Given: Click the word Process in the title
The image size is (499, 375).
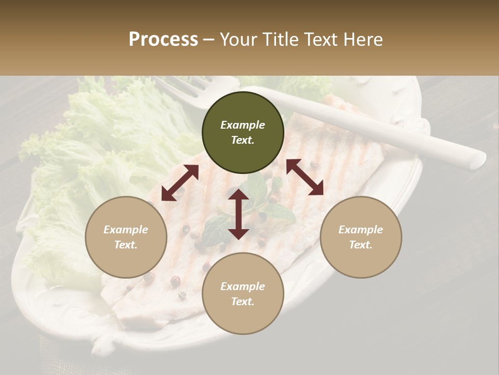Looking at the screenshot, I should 163,40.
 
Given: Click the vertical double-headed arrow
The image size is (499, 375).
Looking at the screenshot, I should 239,214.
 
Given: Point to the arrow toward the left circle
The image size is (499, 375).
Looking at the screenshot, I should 180,183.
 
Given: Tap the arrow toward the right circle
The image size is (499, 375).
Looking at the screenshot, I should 305,177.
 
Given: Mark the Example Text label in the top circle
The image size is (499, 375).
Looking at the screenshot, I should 243,132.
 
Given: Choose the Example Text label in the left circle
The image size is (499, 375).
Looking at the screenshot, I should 126,237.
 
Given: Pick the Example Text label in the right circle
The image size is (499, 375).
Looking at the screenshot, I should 361,237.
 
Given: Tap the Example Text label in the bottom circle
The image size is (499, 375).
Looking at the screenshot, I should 243,294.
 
